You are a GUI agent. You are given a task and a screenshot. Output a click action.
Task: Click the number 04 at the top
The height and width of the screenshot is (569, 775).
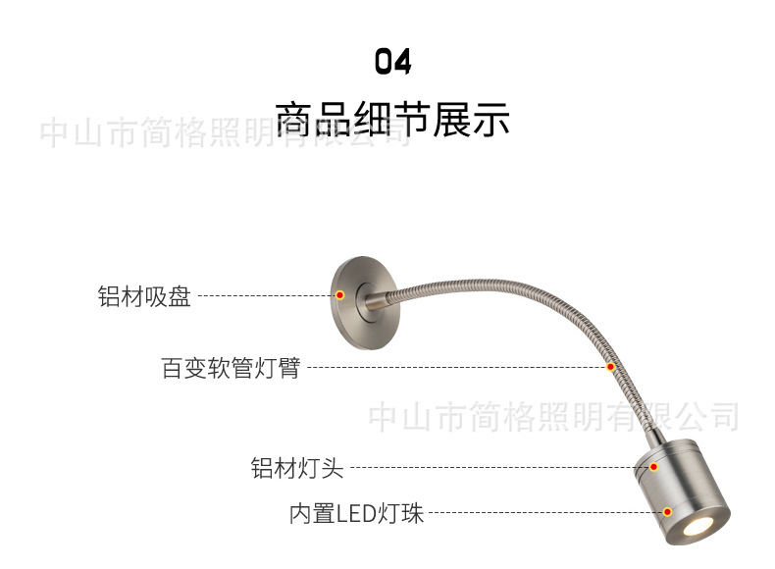point(392,62)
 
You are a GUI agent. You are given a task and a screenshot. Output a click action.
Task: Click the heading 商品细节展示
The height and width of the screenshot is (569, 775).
point(392,119)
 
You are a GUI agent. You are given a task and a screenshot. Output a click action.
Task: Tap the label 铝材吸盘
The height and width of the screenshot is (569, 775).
point(144,296)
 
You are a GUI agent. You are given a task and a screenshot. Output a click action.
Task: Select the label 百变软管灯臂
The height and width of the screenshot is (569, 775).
point(230,370)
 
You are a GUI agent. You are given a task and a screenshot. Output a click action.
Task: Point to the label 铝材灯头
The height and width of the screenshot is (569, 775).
point(297,469)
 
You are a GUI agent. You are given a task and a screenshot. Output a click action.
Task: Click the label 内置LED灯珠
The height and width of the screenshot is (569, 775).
point(356,513)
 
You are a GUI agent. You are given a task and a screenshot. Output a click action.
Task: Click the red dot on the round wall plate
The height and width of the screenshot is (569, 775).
point(339,295)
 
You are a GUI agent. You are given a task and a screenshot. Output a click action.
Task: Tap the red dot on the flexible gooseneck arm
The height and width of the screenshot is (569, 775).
point(610,368)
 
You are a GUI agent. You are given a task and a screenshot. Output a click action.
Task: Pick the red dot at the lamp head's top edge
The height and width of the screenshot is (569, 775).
point(653,468)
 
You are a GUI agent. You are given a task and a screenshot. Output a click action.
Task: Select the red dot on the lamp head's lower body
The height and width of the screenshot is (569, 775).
point(668,512)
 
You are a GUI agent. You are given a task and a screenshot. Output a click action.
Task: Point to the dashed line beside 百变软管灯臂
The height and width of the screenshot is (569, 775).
point(451,369)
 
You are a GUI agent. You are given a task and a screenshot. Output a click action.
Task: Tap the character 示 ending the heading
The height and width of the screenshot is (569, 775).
point(493,119)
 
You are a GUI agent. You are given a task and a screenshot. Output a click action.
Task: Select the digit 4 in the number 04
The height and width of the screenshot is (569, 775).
point(402,62)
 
